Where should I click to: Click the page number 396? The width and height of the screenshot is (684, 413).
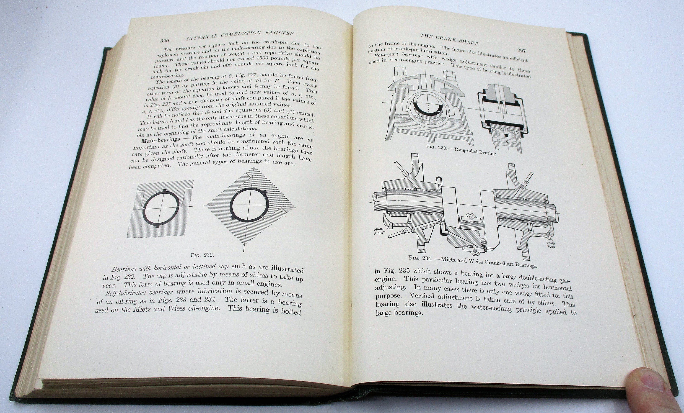(165, 41)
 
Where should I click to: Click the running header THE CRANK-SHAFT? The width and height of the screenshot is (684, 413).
(449, 42)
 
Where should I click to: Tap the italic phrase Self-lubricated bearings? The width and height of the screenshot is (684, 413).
(139, 292)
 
